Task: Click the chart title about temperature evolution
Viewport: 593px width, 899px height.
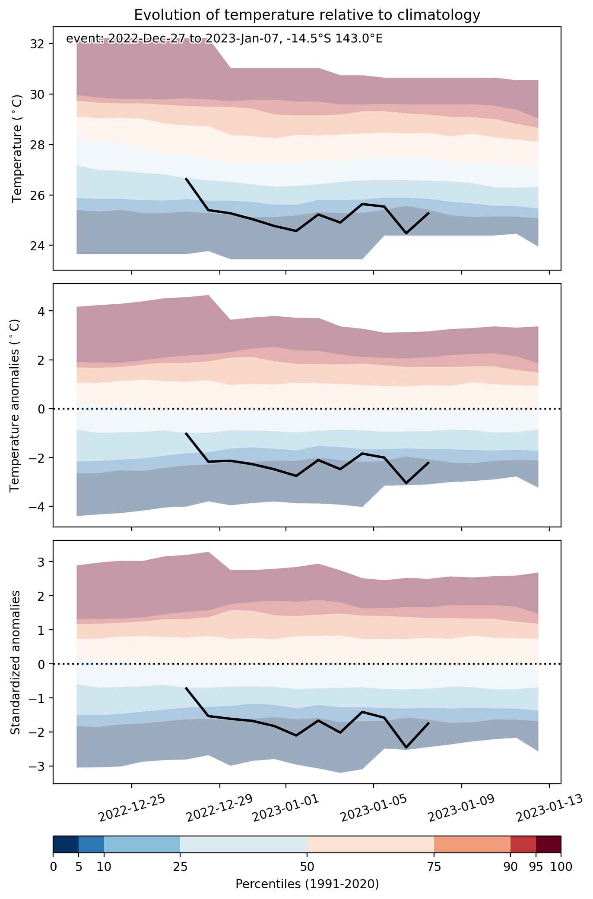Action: (x=307, y=15)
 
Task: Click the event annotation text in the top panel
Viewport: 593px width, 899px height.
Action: (x=224, y=39)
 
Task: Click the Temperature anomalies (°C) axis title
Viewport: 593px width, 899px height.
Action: (x=15, y=405)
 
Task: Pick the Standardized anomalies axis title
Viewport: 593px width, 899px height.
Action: (x=15, y=662)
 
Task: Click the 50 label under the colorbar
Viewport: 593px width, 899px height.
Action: (x=307, y=864)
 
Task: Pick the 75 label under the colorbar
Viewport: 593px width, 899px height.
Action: (x=434, y=864)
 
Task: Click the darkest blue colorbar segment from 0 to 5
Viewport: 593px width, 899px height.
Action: (x=66, y=844)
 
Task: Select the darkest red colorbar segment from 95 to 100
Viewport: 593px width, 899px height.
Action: (x=549, y=844)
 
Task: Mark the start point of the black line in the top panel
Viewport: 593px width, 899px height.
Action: (x=186, y=178)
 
